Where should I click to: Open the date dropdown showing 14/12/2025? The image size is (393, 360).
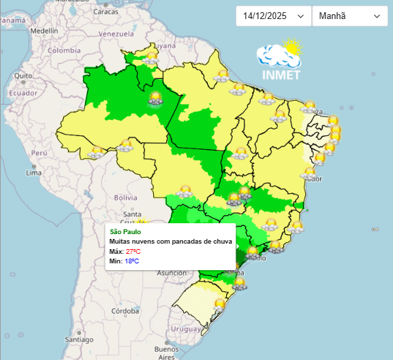(x=273, y=16)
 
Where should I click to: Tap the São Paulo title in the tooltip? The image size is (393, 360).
(x=125, y=232)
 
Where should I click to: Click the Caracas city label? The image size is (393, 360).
(x=105, y=12)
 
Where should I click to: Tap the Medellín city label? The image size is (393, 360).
(x=44, y=31)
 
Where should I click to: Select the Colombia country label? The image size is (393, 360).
(x=63, y=50)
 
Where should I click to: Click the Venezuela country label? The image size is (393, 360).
(x=116, y=33)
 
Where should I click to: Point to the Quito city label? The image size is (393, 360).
(x=22, y=76)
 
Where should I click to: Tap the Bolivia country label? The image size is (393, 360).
(x=125, y=197)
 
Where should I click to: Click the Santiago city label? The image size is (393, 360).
(x=80, y=339)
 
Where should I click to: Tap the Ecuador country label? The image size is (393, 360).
(x=22, y=93)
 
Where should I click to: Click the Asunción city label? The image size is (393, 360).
(x=172, y=272)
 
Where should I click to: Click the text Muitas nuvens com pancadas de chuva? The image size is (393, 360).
(x=171, y=242)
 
